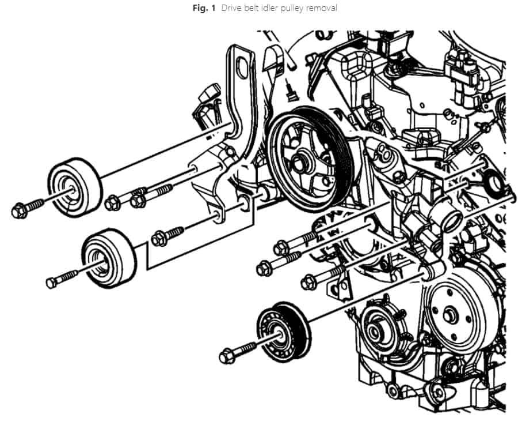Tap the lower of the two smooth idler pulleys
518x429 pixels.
click(108, 258)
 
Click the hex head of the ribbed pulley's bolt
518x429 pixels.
click(226, 355)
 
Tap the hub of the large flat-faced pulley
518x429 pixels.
click(450, 315)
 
